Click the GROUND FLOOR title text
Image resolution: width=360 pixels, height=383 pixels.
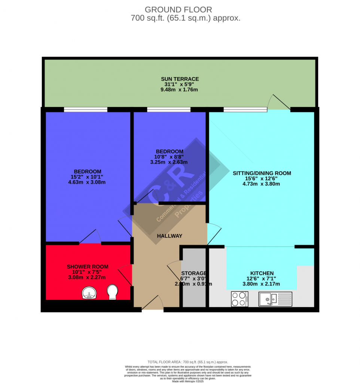tap(178, 9)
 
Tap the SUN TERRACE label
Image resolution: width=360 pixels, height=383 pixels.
tap(180, 79)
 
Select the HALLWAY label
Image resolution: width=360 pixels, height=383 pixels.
tap(169, 236)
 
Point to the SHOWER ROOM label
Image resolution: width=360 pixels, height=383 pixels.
tap(88, 267)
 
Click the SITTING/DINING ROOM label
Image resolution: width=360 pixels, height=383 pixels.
tap(262, 173)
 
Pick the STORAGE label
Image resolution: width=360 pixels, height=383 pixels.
tap(193, 273)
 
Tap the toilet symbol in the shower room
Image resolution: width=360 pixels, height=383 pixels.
tap(112, 292)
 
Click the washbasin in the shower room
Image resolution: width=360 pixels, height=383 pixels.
tap(90, 293)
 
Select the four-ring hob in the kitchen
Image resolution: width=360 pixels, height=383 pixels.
tap(240, 299)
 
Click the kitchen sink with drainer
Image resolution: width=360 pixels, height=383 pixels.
tap(275, 299)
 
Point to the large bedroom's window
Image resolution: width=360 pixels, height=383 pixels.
tap(85, 110)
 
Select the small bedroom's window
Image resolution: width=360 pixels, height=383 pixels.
tap(168, 110)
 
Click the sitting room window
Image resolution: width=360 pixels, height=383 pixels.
tap(245, 110)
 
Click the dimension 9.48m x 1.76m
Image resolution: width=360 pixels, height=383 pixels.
tap(180, 89)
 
